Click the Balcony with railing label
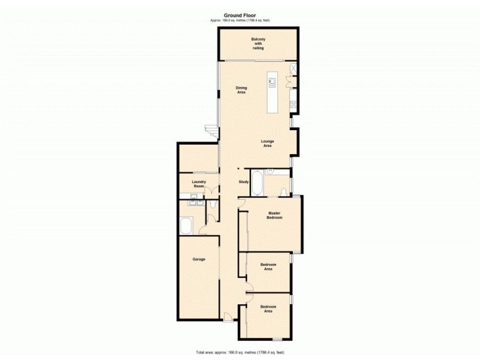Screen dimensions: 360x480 coord(258,44)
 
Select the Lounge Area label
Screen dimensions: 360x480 coord(267,143)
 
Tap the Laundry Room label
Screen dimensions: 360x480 coord(199,184)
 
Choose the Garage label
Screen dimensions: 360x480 coord(199,259)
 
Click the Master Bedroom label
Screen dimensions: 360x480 coord(274,215)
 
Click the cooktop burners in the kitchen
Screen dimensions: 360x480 coord(293,104)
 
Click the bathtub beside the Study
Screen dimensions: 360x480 coord(257,183)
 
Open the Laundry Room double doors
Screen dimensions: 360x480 coord(211,191)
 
